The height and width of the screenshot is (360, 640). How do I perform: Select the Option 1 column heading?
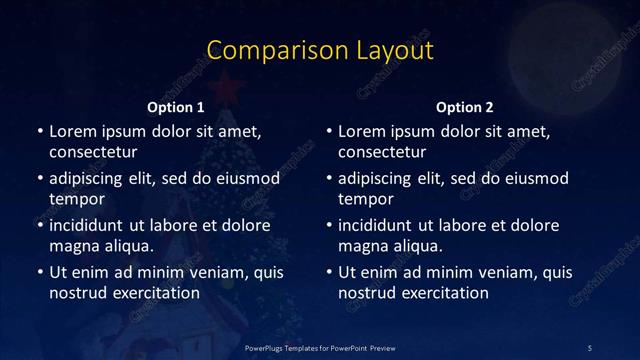click(x=176, y=107)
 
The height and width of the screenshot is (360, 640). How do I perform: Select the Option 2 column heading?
click(x=465, y=107)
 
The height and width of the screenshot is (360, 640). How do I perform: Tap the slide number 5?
click(x=590, y=347)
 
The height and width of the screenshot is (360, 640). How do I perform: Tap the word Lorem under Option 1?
click(x=71, y=131)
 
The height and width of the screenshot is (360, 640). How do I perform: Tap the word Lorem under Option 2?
click(x=361, y=131)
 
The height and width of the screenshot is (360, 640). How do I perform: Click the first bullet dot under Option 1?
click(x=39, y=132)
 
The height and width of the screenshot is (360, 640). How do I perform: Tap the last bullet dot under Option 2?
click(x=329, y=273)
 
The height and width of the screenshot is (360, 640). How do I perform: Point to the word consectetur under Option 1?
click(x=93, y=152)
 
